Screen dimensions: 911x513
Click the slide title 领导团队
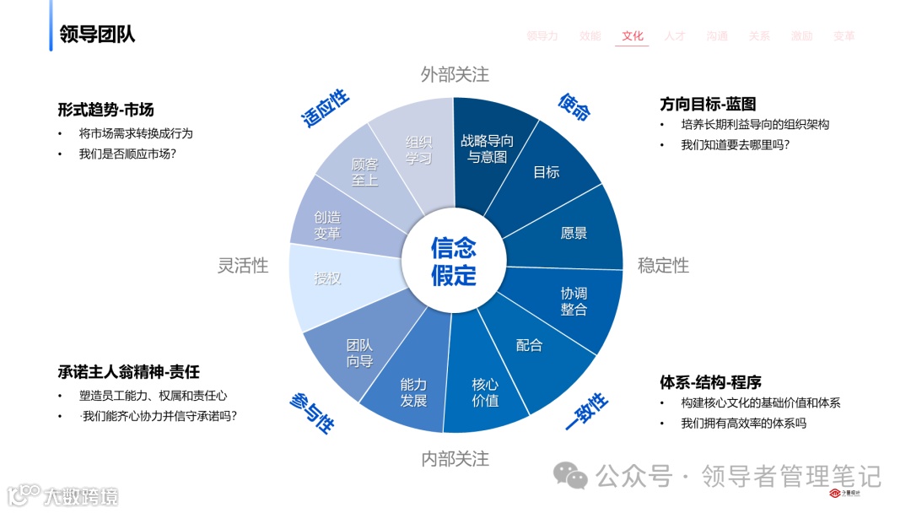coord(97,34)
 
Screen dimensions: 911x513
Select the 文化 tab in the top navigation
coord(633,36)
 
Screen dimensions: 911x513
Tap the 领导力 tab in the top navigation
coord(542,36)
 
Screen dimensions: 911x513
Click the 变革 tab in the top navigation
coord(844,36)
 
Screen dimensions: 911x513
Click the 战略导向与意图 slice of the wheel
coord(488,149)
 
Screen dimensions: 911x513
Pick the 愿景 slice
coord(574,233)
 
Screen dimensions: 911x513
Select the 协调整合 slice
coord(574,301)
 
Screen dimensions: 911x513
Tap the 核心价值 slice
coord(485,392)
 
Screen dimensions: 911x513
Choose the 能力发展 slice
coord(413,392)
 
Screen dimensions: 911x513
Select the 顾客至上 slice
coord(364,172)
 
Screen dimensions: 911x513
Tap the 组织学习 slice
coord(418,149)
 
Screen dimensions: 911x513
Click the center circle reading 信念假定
coord(454,262)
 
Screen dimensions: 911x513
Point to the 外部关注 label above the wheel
coord(455,74)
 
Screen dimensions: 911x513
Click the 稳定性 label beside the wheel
coord(663,266)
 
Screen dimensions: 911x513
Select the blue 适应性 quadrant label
coord(326,108)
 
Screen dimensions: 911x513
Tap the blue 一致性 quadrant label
coord(585,411)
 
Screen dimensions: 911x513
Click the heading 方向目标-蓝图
coord(708,105)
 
